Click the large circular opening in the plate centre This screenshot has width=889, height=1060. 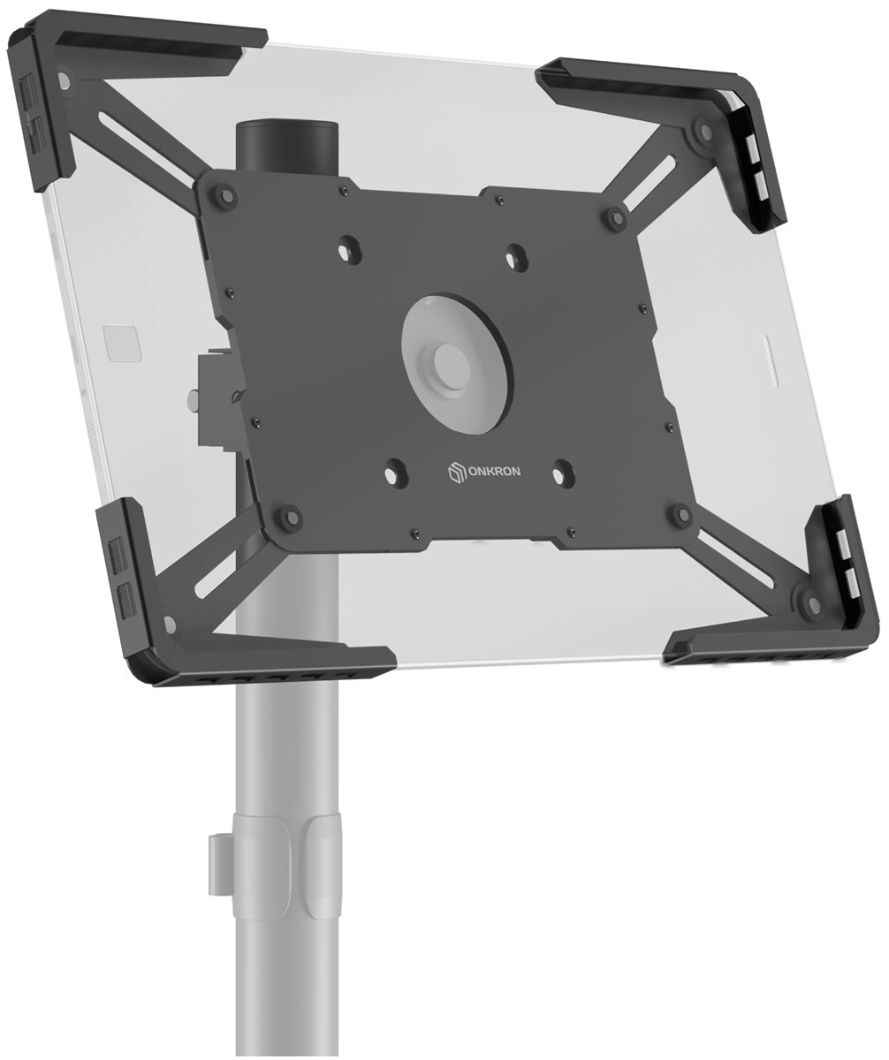tap(456, 363)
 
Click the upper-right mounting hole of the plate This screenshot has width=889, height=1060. tap(517, 254)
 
